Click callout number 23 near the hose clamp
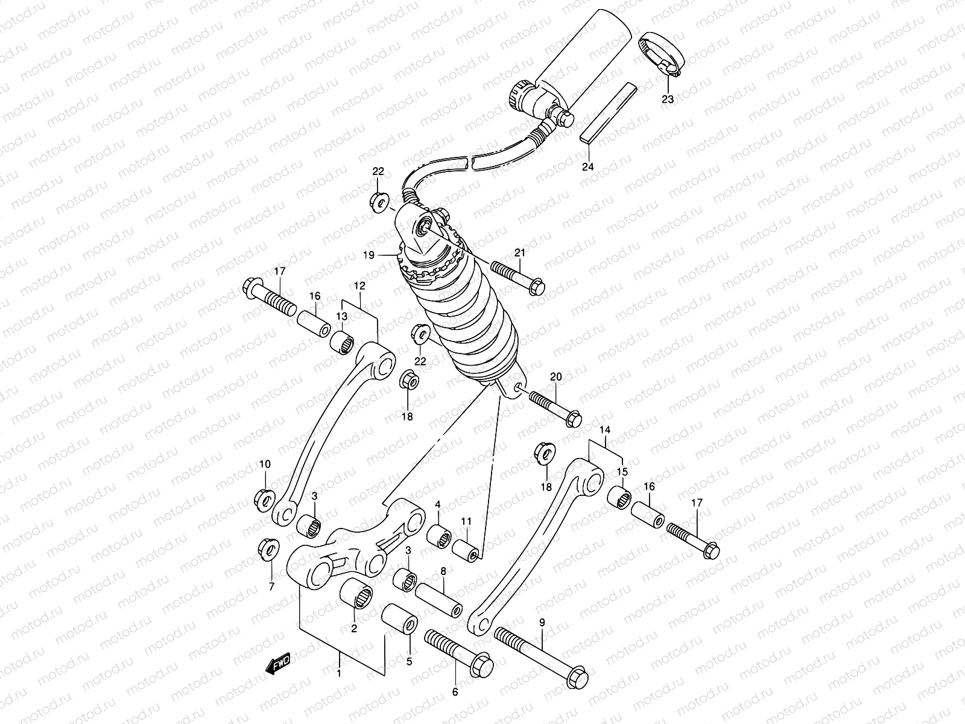[668, 98]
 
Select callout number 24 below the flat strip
[588, 167]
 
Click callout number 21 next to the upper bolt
[520, 253]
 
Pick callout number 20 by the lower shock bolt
[555, 377]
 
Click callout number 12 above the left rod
[360, 285]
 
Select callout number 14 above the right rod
[606, 430]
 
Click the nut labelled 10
[264, 498]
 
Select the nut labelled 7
[267, 549]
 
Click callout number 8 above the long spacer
[443, 570]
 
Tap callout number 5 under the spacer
[409, 661]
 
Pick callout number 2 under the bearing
[354, 629]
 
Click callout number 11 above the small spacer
[466, 521]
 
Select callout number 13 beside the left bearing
[341, 316]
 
